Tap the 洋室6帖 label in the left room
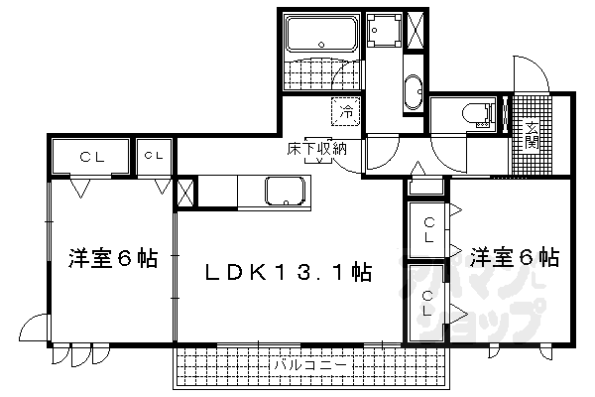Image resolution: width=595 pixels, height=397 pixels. pyautogui.click(x=112, y=259)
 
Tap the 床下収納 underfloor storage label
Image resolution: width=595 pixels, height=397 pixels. pyautogui.click(x=317, y=149)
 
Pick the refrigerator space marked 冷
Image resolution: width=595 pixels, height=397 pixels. pyautogui.click(x=346, y=112)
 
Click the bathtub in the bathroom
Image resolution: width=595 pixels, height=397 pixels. pyautogui.click(x=319, y=37)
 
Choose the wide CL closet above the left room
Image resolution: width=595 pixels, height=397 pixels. pyautogui.click(x=89, y=156)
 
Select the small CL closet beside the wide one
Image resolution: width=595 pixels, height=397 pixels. pyautogui.click(x=154, y=156)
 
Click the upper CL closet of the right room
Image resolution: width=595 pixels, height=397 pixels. pyautogui.click(x=428, y=230)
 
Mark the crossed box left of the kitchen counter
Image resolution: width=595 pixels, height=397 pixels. pyautogui.click(x=184, y=193)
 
